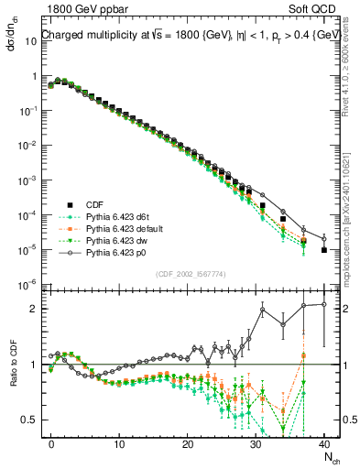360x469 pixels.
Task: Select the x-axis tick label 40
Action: click(x=324, y=442)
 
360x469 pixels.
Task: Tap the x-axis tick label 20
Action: click(x=188, y=442)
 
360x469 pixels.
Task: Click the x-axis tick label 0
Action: click(x=51, y=442)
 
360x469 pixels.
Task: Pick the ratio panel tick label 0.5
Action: click(x=29, y=420)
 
